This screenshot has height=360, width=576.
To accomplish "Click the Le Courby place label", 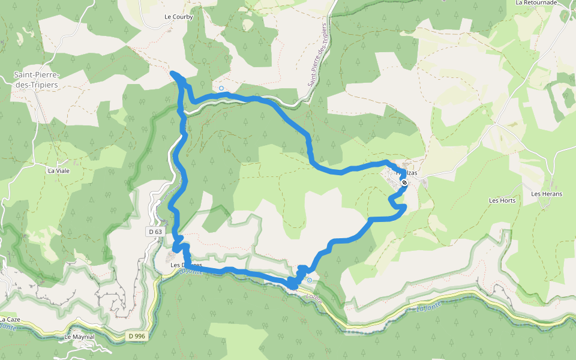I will click(179, 17).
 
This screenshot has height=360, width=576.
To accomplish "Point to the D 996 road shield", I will click(137, 336).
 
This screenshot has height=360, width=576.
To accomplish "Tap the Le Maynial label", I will click(79, 337).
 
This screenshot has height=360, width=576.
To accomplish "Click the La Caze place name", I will click(11, 319).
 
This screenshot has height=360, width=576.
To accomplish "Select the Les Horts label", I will click(502, 200).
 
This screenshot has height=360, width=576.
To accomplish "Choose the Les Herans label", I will click(547, 194).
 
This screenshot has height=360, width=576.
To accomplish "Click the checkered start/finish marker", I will click(404, 178).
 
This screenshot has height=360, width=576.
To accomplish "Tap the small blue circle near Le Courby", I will click(221, 88).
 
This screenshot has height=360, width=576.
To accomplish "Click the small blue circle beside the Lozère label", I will click(310, 280).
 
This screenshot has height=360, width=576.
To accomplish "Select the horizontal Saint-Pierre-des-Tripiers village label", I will click(37, 79).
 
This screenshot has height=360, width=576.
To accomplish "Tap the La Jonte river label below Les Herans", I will click(427, 309).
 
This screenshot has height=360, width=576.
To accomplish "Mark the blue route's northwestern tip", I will click(173, 73).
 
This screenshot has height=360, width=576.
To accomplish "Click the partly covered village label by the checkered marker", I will click(407, 173).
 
